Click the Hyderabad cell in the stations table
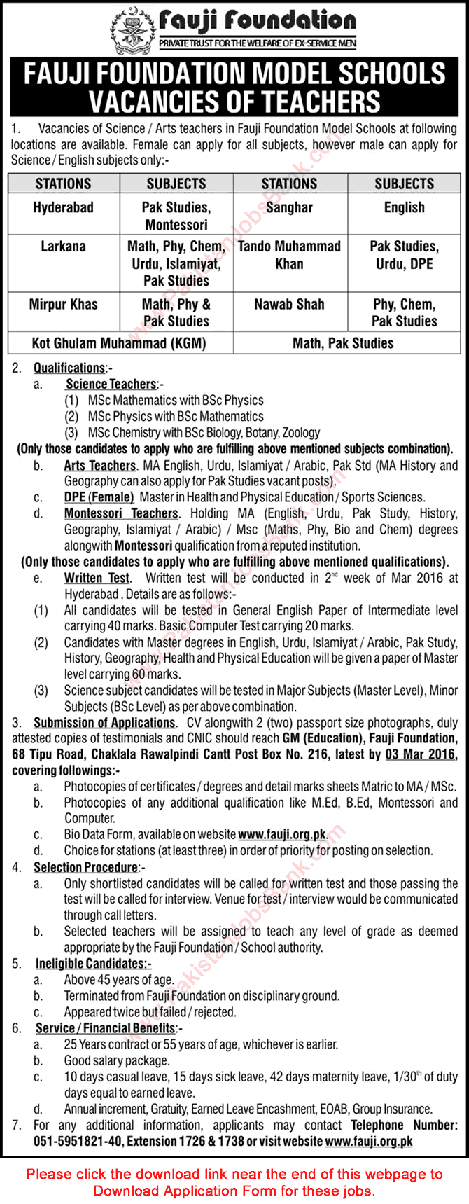tap(63, 207)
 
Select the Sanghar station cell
tap(289, 207)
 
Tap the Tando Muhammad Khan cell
tap(289, 255)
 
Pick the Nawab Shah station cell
tap(289, 305)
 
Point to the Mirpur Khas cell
tap(63, 305)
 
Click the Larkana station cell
tap(63, 247)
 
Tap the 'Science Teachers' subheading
tap(111, 384)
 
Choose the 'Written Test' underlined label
tap(97, 578)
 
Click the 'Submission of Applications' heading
tap(104, 722)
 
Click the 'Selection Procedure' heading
tap(85, 867)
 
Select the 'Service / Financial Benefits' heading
tap(105, 1028)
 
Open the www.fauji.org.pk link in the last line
tap(369, 1141)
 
